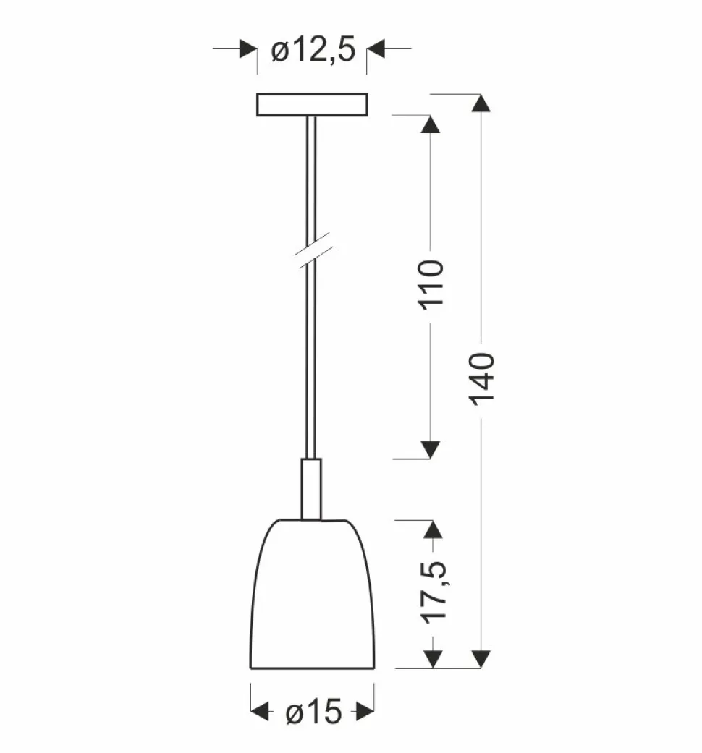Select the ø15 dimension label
(x=313, y=712)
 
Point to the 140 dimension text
(x=481, y=378)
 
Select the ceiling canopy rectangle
(x=312, y=105)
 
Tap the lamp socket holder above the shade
(x=311, y=488)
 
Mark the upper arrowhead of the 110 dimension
(x=431, y=124)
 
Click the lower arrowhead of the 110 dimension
(x=431, y=449)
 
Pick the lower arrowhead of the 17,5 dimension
(x=432, y=658)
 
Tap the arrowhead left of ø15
(x=260, y=712)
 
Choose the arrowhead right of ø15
(x=365, y=712)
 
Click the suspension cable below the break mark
(x=311, y=362)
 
